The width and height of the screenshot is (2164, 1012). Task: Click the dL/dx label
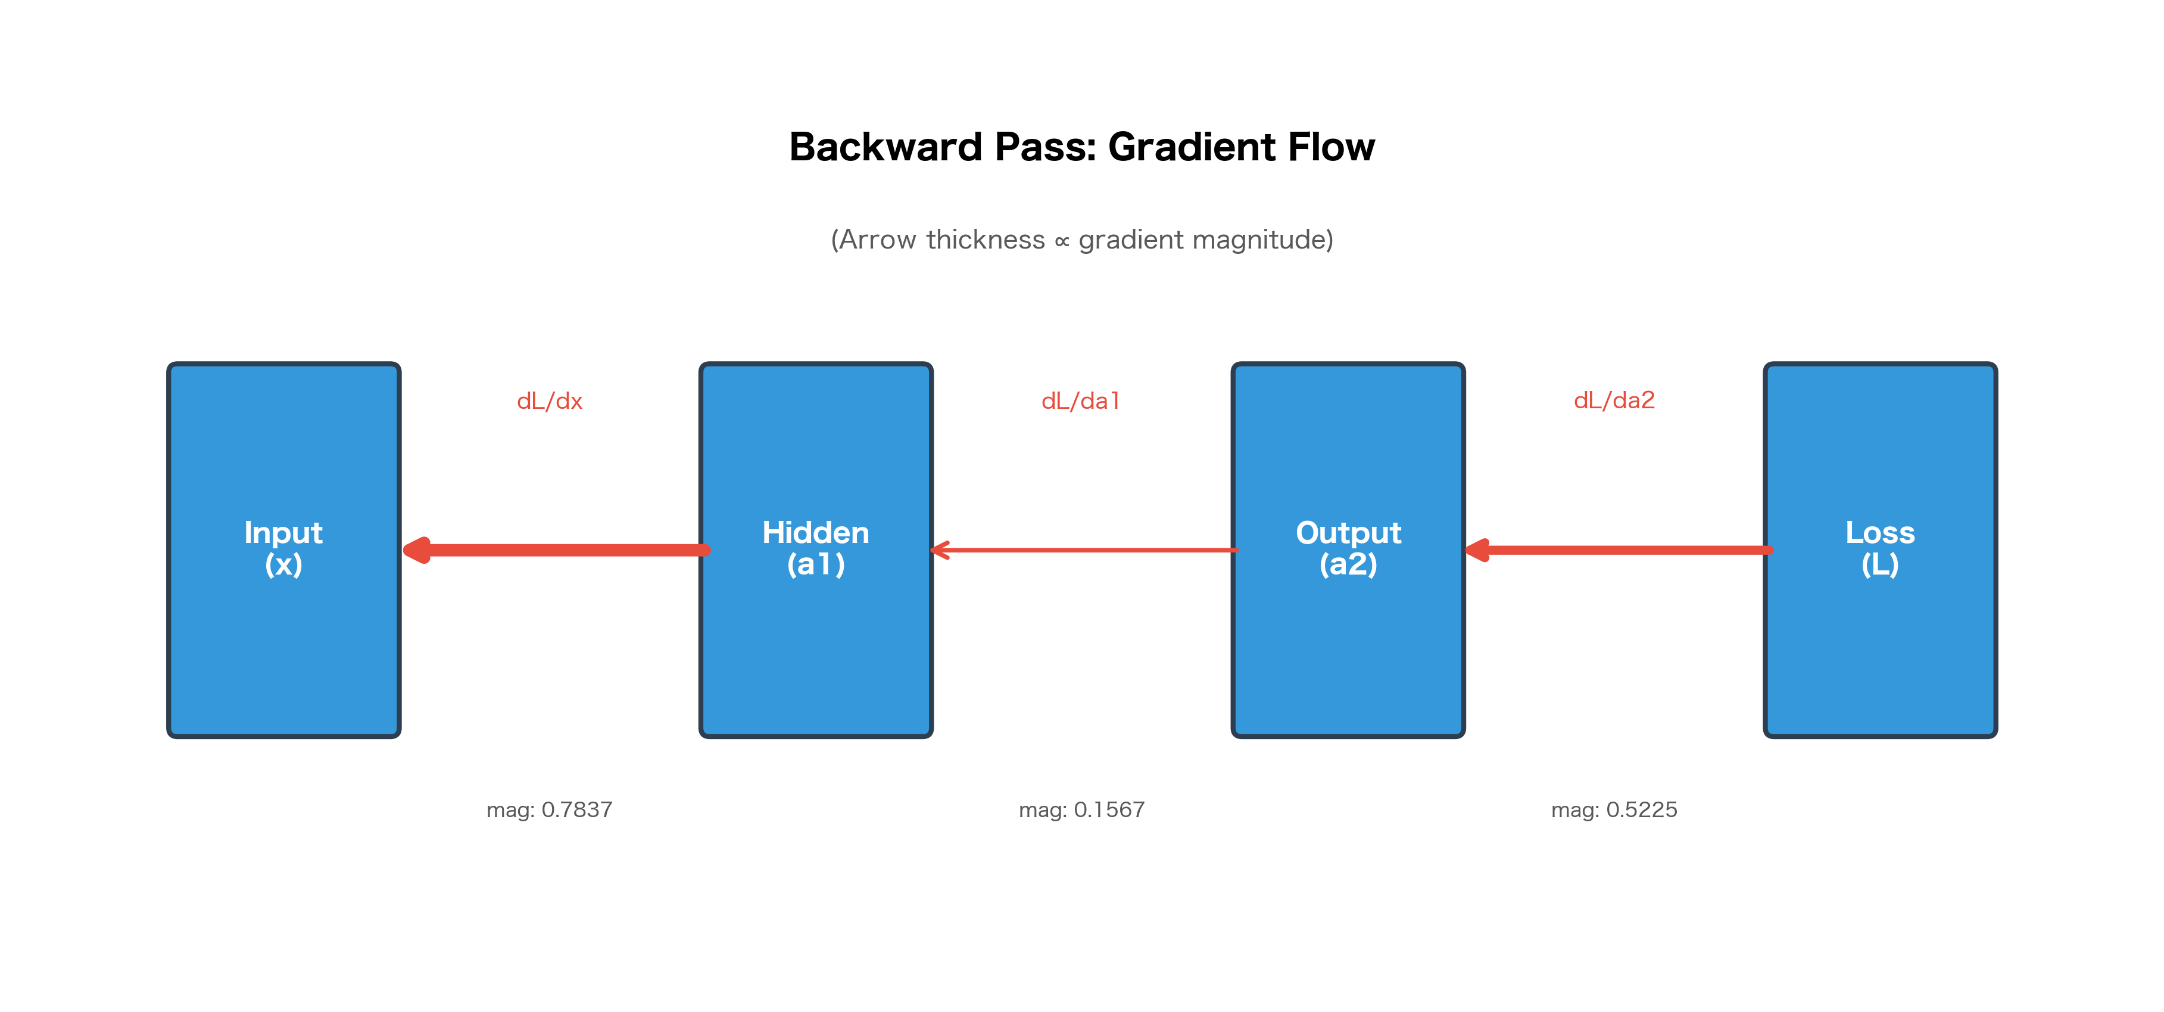coord(550,401)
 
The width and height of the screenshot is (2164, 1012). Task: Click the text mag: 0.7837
coord(550,809)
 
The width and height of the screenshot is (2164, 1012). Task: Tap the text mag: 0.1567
coord(1081,809)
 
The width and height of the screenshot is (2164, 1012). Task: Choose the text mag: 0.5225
coord(1614,809)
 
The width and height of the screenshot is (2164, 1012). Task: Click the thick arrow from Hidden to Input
coord(571,551)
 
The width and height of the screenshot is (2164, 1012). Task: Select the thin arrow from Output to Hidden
coord(1092,551)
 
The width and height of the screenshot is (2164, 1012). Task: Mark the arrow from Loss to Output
coord(1630,551)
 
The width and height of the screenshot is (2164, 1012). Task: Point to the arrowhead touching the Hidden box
coord(941,551)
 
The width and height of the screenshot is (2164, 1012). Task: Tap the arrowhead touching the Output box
coord(1477,551)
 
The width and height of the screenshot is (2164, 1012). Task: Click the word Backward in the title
coord(885,147)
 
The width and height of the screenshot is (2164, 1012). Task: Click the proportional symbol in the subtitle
coord(1062,242)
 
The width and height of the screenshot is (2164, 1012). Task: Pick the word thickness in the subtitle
coord(986,240)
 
